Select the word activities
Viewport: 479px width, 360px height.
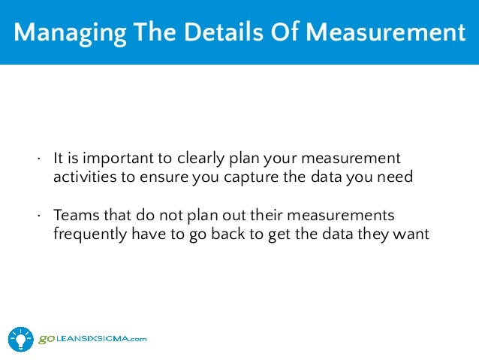[81, 177]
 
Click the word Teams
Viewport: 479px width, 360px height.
[74, 215]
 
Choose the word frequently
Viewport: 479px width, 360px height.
[89, 233]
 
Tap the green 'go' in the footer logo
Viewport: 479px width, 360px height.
[46, 339]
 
